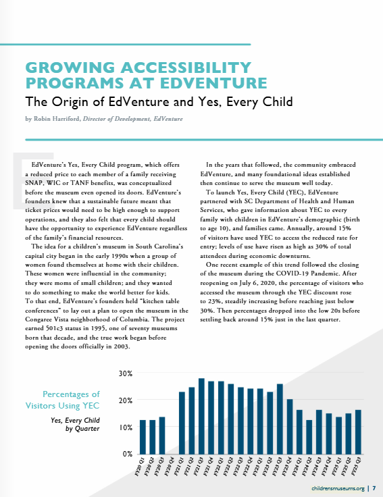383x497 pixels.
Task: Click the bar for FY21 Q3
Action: [x=201, y=416]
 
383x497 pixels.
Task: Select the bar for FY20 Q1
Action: [x=143, y=437]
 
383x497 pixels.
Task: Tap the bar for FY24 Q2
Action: [x=309, y=437]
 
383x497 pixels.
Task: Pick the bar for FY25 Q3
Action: [x=358, y=432]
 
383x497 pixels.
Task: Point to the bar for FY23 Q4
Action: [x=290, y=427]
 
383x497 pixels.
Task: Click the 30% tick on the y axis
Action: [x=126, y=373]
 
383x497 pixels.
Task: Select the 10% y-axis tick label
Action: [x=126, y=427]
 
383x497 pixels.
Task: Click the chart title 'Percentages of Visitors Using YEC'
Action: [x=62, y=400]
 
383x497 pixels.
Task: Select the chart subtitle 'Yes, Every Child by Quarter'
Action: [x=75, y=425]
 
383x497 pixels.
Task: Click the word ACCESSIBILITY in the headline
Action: [x=186, y=68]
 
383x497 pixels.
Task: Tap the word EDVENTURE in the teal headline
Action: [x=213, y=83]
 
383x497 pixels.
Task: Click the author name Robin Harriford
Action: [x=57, y=119]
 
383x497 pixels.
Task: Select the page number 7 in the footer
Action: [x=374, y=488]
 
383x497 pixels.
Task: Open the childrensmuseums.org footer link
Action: [x=338, y=488]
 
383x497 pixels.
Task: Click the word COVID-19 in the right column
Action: [x=292, y=273]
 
